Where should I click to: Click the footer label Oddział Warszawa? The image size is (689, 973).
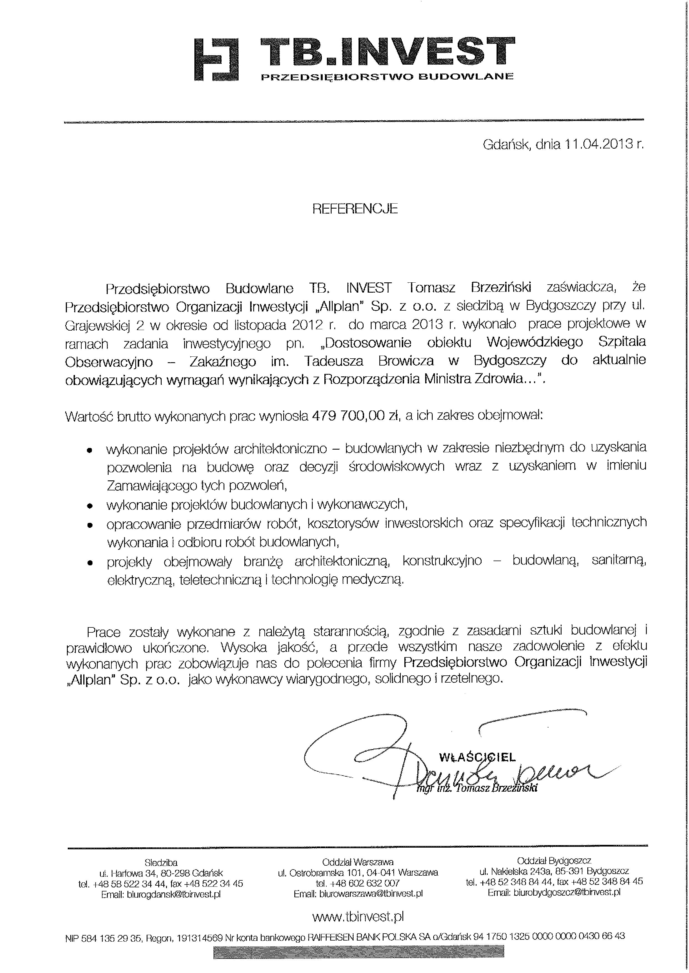(358, 862)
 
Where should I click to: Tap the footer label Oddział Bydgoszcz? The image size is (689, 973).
(554, 861)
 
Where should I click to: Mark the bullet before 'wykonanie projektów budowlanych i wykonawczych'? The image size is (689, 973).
(89, 506)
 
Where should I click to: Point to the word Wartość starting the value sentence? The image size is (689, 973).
(88, 417)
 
